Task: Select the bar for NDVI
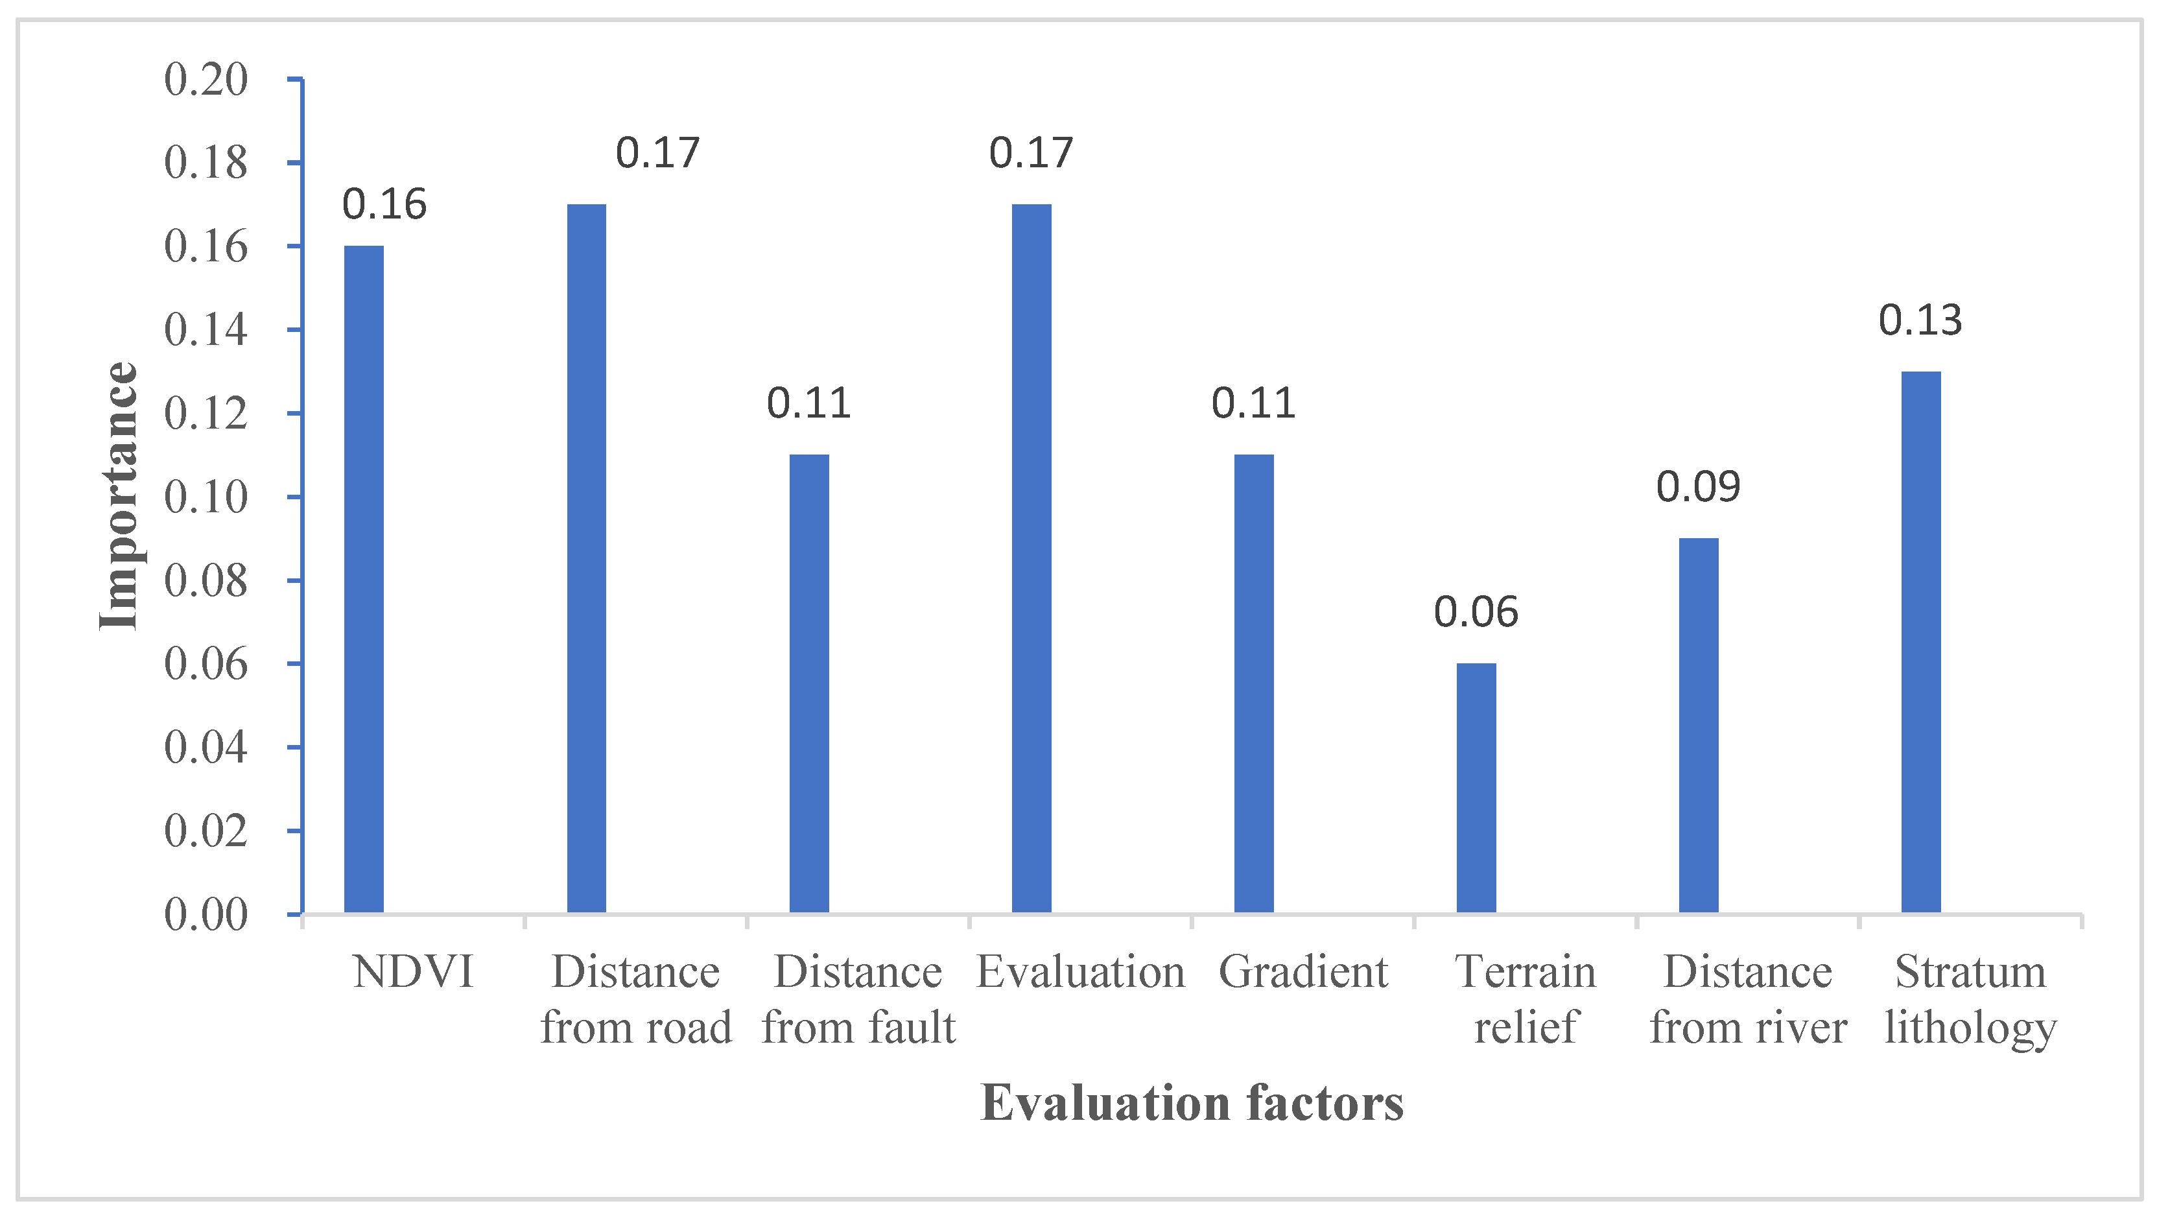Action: [x=364, y=580]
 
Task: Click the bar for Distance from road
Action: [x=586, y=558]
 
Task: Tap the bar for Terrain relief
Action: [x=1476, y=788]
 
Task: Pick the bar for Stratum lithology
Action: [x=1921, y=642]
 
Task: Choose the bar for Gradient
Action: [x=1253, y=683]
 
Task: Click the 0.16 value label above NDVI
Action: [x=384, y=204]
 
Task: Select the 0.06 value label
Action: [x=1476, y=612]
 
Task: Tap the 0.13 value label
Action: [x=1920, y=320]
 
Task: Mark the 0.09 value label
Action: [x=1698, y=486]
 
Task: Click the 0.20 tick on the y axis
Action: [x=206, y=80]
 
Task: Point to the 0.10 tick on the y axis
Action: [x=206, y=497]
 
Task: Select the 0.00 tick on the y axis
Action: [x=206, y=914]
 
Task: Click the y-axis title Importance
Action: [x=118, y=495]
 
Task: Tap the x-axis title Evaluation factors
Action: [x=1192, y=1103]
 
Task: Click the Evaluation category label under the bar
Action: [x=1080, y=972]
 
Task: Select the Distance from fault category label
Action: [x=858, y=1000]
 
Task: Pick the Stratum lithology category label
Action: [x=1970, y=1000]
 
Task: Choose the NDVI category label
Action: [x=413, y=972]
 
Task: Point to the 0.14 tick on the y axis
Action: [x=206, y=330]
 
